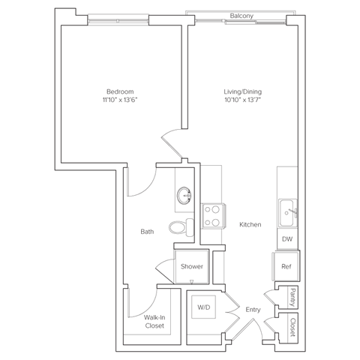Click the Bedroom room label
point(121,91)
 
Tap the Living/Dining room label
point(242,91)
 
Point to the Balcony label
point(240,15)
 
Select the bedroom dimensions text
point(121,99)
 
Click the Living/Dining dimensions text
point(242,99)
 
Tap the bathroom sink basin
point(184,197)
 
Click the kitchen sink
point(286,213)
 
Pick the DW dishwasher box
point(286,238)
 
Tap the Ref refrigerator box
point(286,265)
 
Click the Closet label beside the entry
point(292,325)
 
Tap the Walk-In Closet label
point(155,321)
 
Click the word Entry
point(252,308)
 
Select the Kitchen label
point(250,224)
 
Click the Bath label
point(148,232)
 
